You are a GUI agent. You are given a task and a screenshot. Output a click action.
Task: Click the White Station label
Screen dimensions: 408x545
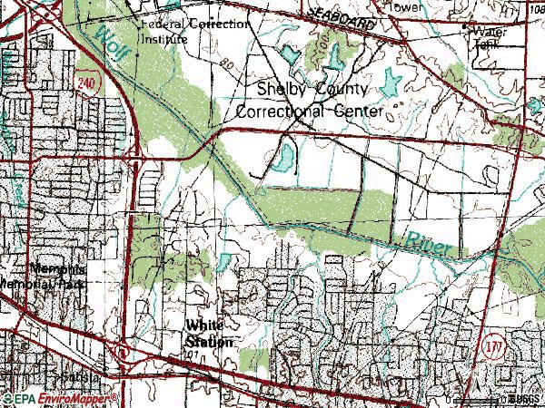[210, 333]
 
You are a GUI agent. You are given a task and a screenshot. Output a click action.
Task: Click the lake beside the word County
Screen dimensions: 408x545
[391, 83]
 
